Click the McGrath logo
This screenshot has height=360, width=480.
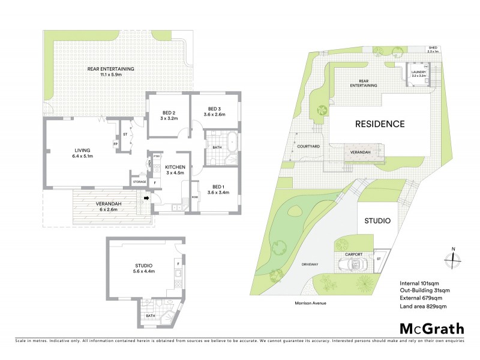click(431, 328)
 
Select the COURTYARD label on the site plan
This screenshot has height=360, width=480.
click(308, 146)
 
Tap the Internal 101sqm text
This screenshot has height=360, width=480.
click(422, 283)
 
